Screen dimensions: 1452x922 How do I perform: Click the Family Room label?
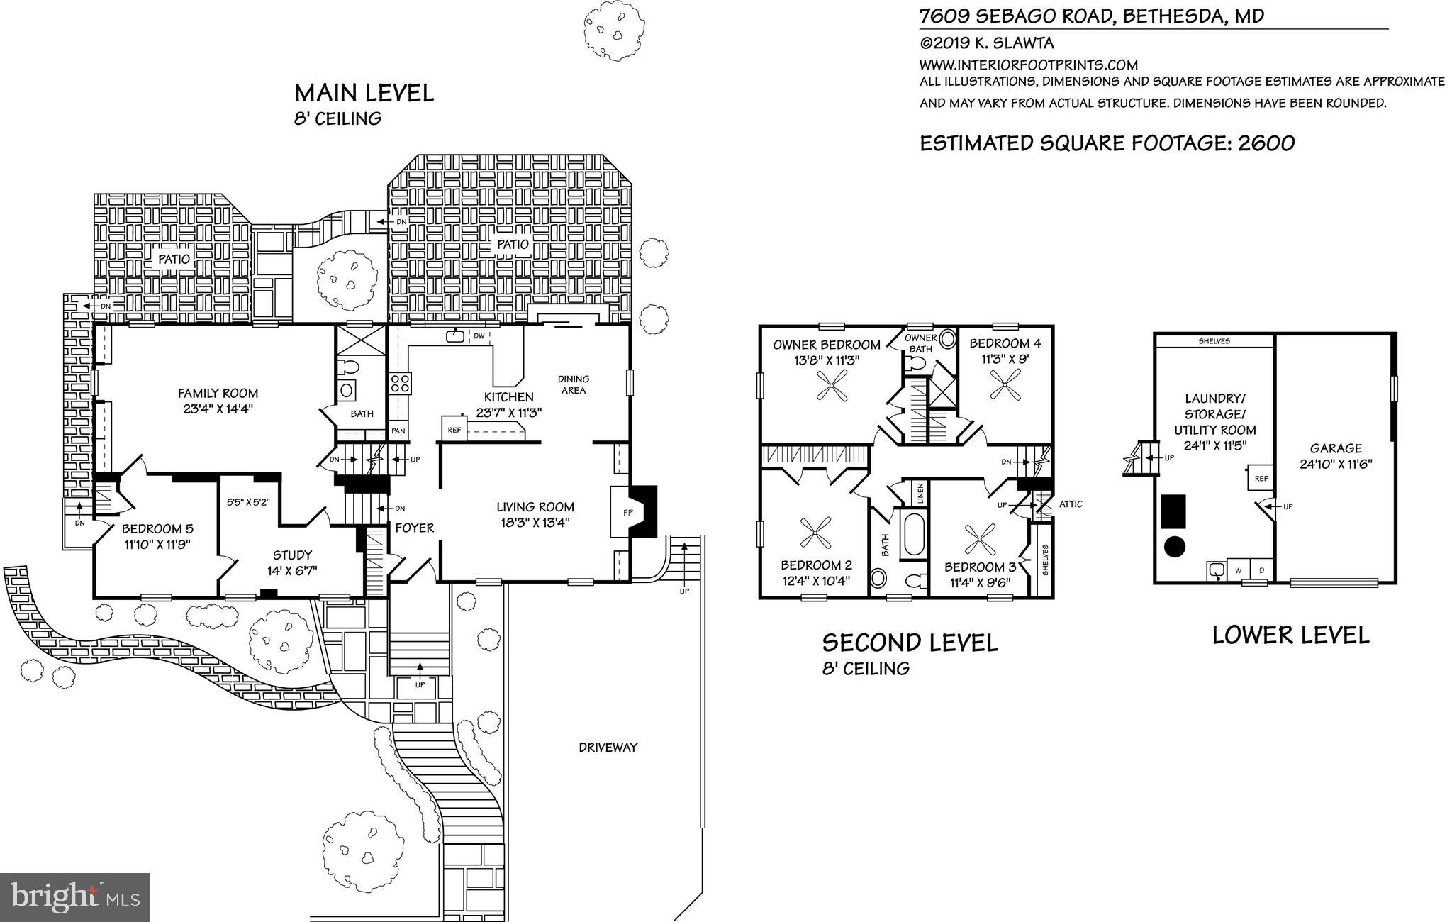(218, 394)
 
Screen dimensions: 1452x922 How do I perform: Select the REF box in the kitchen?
(454, 428)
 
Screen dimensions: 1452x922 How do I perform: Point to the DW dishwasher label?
(479, 336)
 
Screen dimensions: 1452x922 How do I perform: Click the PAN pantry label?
(398, 431)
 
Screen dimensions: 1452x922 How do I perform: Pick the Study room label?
(293, 555)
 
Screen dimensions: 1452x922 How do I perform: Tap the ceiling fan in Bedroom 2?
(816, 533)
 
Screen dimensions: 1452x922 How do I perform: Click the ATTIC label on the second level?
(1071, 504)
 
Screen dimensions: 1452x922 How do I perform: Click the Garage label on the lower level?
(1336, 448)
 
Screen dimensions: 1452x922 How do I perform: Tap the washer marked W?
(1239, 570)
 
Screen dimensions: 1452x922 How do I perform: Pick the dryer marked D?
(1261, 570)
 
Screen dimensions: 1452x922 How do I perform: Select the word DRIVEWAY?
(608, 748)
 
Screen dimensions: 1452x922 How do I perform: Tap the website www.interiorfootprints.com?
(1029, 65)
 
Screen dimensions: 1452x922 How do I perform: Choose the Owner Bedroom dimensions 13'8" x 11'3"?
(827, 360)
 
